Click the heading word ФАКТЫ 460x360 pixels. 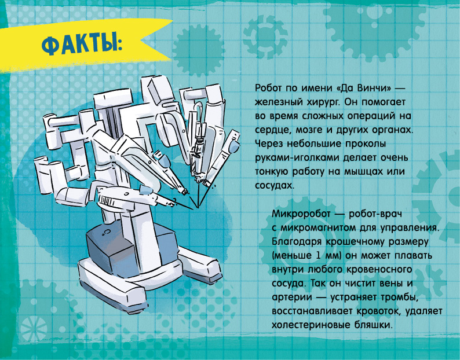pyautogui.click(x=82, y=45)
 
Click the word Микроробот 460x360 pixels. pyautogui.click(x=301, y=214)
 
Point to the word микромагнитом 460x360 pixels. pyautogui.click(x=317, y=227)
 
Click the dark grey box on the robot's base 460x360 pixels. pyautogui.click(x=112, y=249)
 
